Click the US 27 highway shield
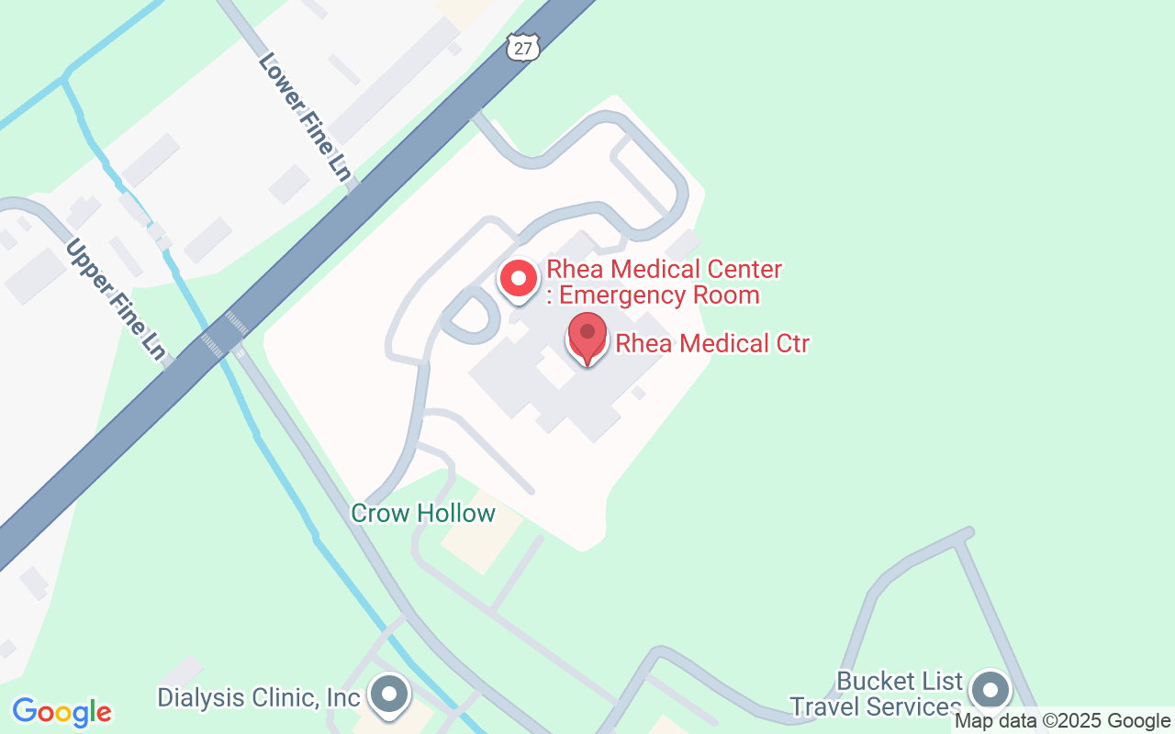coord(522,48)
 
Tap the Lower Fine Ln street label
coord(306,116)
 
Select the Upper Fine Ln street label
coord(116,299)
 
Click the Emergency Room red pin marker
coord(518,278)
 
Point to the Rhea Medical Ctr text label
coord(712,344)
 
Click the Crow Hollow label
coord(423,513)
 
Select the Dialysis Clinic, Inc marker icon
coord(389,695)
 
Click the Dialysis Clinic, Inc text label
coord(259,697)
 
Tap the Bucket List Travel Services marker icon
coord(990,691)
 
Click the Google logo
coord(62,712)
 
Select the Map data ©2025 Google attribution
coord(1062,721)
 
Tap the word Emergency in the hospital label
coord(618,295)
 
